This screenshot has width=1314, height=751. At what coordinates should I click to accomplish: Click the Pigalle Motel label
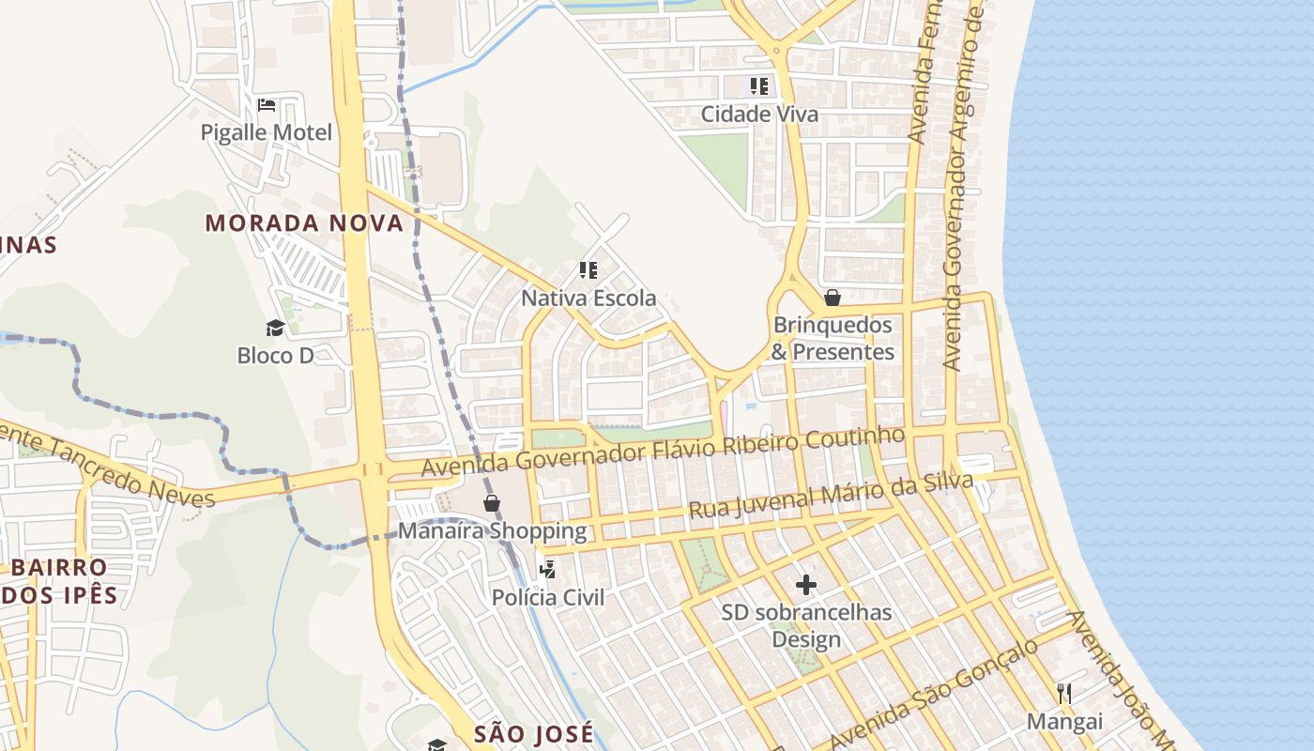pyautogui.click(x=267, y=132)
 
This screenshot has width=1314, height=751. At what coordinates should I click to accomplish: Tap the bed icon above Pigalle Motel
pyautogui.click(x=267, y=104)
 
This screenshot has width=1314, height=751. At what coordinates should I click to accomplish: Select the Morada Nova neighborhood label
pyautogui.click(x=304, y=223)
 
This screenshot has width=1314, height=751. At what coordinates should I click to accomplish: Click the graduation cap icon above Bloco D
pyautogui.click(x=275, y=328)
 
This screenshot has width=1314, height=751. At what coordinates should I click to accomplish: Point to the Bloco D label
pyautogui.click(x=275, y=356)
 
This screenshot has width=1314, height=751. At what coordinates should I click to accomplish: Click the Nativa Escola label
pyautogui.click(x=588, y=299)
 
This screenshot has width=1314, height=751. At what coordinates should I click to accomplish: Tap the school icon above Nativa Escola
pyautogui.click(x=588, y=271)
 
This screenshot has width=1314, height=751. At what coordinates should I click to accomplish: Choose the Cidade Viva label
pyautogui.click(x=759, y=115)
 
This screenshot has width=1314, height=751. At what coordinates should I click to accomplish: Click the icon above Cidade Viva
pyautogui.click(x=759, y=86)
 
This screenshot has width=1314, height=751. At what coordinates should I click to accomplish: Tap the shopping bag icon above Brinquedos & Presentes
pyautogui.click(x=832, y=298)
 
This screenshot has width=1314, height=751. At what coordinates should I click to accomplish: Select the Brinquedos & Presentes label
pyautogui.click(x=833, y=338)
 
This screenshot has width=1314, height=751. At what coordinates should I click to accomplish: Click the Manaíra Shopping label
pyautogui.click(x=492, y=531)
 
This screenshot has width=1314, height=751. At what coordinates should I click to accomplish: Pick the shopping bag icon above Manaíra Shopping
pyautogui.click(x=492, y=503)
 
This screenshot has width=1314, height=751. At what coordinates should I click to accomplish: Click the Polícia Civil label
pyautogui.click(x=548, y=598)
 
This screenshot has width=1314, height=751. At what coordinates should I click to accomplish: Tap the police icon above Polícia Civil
pyautogui.click(x=548, y=570)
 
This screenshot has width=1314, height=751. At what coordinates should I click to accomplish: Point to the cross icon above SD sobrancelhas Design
pyautogui.click(x=806, y=585)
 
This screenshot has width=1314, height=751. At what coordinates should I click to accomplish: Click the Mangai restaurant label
pyautogui.click(x=1064, y=722)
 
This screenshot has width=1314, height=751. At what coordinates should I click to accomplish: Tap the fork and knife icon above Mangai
pyautogui.click(x=1064, y=694)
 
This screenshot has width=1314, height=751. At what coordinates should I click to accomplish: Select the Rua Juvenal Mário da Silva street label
pyautogui.click(x=831, y=496)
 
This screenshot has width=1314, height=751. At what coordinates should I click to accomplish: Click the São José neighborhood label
pyautogui.click(x=533, y=733)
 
